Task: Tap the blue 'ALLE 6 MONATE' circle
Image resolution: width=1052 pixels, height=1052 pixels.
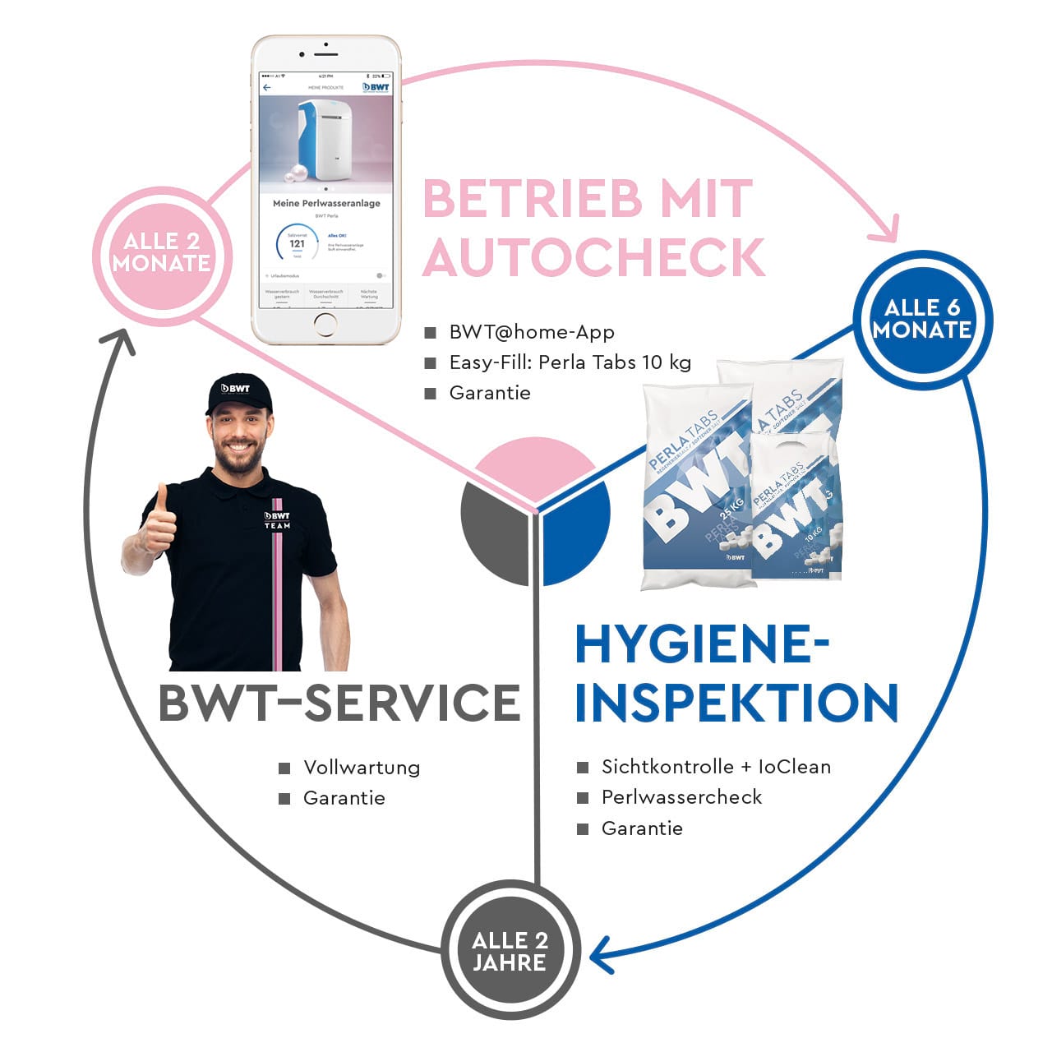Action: pyautogui.click(x=922, y=319)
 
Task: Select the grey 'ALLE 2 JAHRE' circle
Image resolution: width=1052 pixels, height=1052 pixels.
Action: pyautogui.click(x=510, y=952)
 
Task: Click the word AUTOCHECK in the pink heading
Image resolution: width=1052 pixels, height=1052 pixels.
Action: pyautogui.click(x=593, y=257)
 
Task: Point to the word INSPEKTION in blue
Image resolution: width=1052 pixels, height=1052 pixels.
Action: pyautogui.click(x=736, y=704)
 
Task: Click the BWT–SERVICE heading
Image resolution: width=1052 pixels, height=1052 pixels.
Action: pyautogui.click(x=339, y=704)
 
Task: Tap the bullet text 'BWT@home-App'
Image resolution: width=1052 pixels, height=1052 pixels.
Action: pyautogui.click(x=531, y=332)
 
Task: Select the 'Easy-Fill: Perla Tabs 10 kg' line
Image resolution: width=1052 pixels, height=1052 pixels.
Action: pyautogui.click(x=570, y=362)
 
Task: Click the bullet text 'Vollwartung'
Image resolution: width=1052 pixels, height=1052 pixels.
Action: pyautogui.click(x=362, y=768)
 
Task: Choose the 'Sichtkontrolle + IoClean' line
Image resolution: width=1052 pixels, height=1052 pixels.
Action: pyautogui.click(x=716, y=767)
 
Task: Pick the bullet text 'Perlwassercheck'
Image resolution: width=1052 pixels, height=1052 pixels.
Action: pyautogui.click(x=681, y=797)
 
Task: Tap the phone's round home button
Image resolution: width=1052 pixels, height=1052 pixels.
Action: pyautogui.click(x=325, y=324)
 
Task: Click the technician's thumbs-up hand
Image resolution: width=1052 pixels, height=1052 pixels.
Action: pyautogui.click(x=158, y=526)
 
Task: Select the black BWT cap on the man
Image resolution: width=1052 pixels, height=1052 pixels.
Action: pyautogui.click(x=238, y=393)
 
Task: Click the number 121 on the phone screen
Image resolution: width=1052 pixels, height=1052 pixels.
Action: pyautogui.click(x=297, y=243)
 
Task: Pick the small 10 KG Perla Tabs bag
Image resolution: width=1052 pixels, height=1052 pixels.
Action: pyautogui.click(x=796, y=510)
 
